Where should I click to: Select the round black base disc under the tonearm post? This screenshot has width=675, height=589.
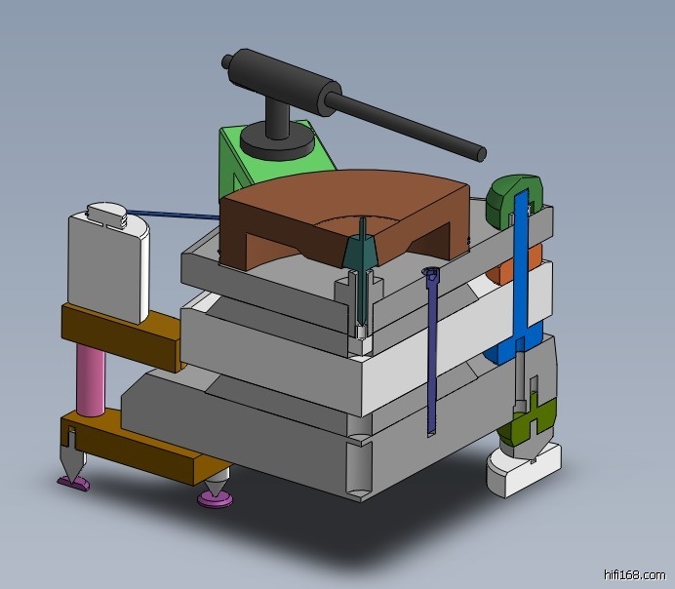click(x=277, y=143)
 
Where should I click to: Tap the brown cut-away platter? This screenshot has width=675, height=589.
click(x=293, y=210)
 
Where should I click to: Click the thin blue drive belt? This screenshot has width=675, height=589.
click(x=176, y=212)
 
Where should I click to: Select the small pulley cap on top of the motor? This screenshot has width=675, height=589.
click(x=107, y=214)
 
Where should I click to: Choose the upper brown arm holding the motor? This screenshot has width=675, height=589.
click(x=117, y=332)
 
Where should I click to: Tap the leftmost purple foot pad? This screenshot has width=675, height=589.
click(x=73, y=481)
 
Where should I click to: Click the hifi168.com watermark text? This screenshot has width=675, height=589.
click(x=634, y=574)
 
